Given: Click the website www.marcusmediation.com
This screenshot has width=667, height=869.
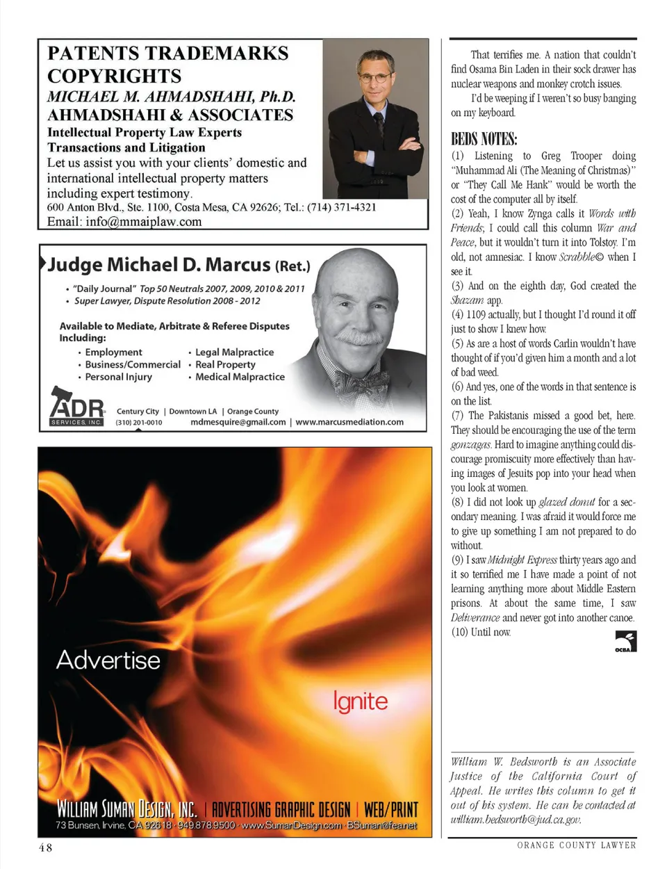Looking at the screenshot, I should click(349, 422).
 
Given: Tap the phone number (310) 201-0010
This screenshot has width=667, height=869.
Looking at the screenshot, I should click(139, 422).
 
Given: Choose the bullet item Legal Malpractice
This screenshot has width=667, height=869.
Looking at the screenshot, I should click(234, 352).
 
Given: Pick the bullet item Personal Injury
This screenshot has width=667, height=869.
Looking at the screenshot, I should click(118, 377).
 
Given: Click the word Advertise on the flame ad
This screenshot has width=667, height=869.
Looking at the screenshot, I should click(108, 660).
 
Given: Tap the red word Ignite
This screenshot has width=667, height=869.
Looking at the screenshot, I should click(360, 701).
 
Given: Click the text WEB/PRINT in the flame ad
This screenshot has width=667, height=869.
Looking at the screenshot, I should click(390, 810).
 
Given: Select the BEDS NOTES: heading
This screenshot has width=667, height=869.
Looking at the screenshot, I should click(484, 138).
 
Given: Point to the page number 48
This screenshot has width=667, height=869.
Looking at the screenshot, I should click(45, 847).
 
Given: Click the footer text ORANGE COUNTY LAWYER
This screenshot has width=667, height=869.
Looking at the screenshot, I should click(576, 845).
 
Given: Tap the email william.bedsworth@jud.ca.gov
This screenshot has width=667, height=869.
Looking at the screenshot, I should click(515, 820).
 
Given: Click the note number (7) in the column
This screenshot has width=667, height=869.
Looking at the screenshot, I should click(457, 416).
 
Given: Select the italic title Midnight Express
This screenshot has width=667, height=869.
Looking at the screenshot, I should click(522, 560).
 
